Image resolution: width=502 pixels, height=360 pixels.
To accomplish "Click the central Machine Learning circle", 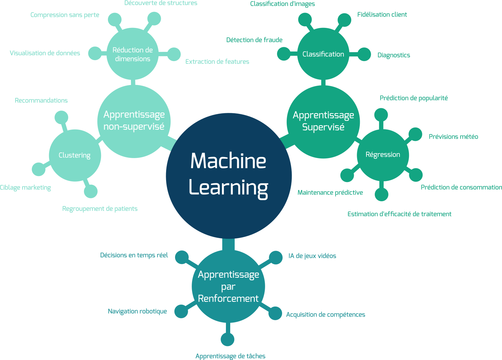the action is tap(229, 176).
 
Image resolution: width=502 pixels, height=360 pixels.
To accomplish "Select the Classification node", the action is tap(323, 54).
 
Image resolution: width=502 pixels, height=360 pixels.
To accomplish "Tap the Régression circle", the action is tap(383, 155).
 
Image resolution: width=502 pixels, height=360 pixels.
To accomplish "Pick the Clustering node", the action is tap(75, 155).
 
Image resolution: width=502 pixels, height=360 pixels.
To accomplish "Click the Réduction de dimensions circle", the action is tap(133, 54).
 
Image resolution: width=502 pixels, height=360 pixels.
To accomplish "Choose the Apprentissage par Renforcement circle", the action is tap(228, 286).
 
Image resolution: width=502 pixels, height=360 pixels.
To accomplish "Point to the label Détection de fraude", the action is tap(254, 40).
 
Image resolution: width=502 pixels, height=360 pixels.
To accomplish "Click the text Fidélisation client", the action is tap(382, 15).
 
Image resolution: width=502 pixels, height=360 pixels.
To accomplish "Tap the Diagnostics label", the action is tap(394, 55).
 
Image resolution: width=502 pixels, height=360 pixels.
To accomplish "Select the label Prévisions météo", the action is tap(453, 136).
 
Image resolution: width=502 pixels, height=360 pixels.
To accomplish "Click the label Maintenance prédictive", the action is tap(330, 192).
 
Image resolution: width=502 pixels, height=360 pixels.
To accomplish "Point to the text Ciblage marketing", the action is tap(25, 188).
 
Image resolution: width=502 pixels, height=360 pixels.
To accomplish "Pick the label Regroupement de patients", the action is tap(100, 209).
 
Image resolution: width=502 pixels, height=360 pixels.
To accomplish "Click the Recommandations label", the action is tap(41, 100).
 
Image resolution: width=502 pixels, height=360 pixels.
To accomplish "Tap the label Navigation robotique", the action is tap(138, 312).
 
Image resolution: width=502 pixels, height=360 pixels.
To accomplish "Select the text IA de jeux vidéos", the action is tap(312, 256).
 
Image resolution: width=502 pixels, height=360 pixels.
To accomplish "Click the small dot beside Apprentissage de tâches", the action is tap(228, 339).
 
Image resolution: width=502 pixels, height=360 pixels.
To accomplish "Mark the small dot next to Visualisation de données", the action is tap(95, 53).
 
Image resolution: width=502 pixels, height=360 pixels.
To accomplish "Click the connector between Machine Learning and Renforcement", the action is tap(228, 244).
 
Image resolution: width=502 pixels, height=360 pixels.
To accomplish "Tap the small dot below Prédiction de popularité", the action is tap(381, 115).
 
